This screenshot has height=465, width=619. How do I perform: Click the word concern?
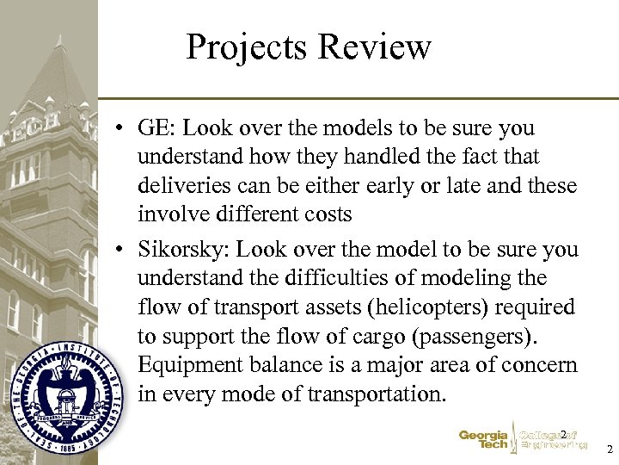539,365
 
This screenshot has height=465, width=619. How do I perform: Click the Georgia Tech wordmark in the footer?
483,441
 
